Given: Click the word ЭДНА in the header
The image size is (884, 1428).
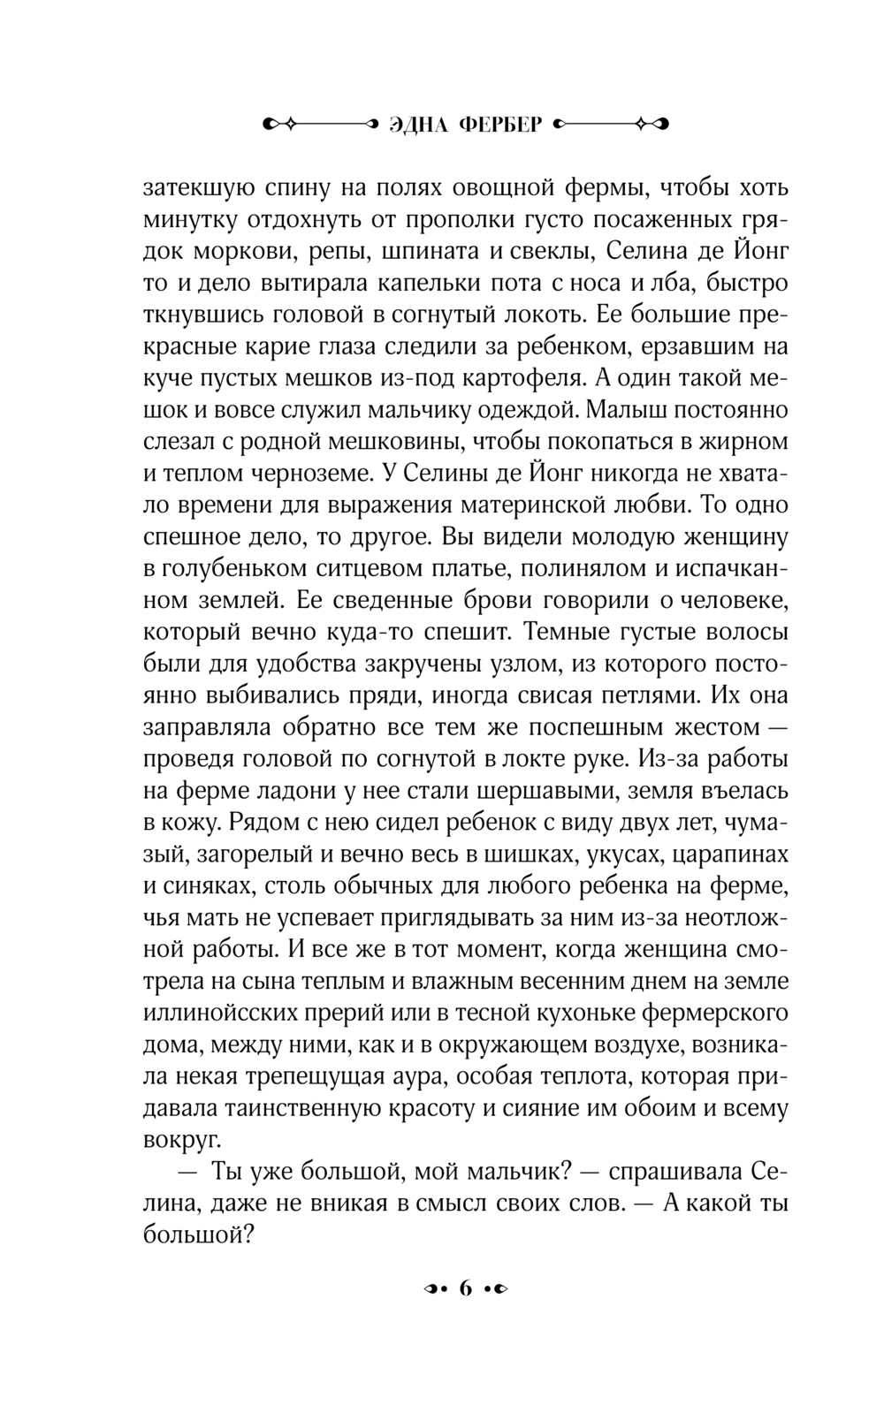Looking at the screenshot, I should [418, 125].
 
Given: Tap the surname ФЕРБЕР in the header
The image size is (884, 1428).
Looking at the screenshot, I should [500, 125].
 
